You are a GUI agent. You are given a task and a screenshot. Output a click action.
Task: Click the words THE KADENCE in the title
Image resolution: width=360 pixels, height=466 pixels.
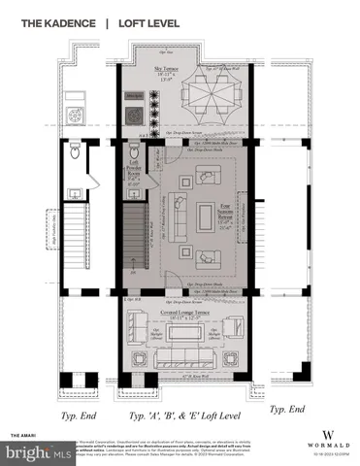click(x=47, y=21)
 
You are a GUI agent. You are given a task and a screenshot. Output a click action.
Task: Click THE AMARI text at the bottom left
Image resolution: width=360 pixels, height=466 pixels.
click(x=22, y=434)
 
